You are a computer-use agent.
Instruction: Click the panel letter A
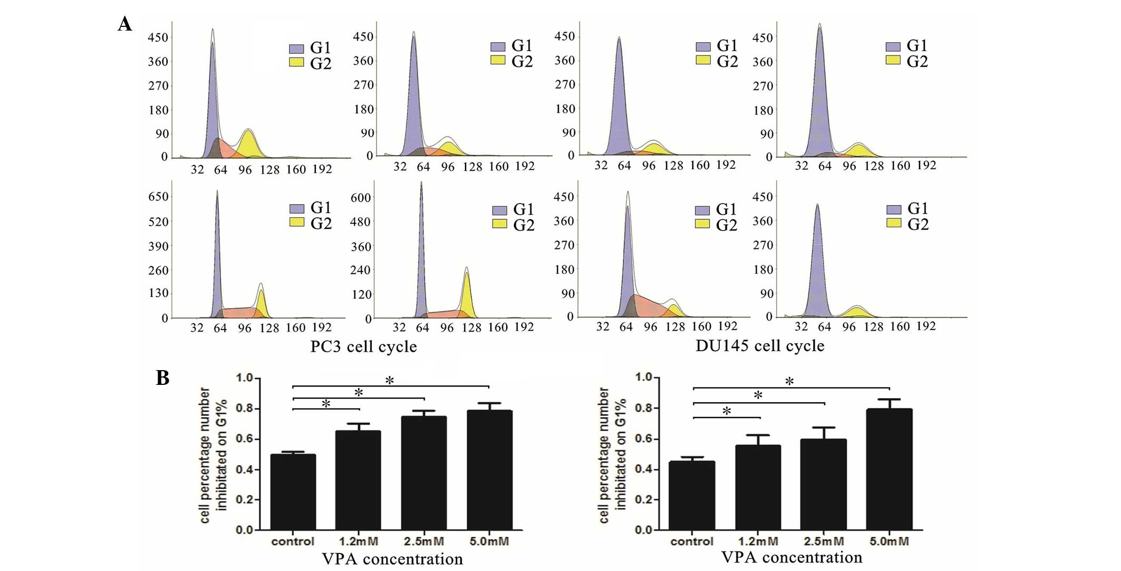125,24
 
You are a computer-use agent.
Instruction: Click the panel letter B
162,378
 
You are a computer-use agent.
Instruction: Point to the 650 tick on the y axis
158,197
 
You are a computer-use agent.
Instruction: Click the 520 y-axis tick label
158,221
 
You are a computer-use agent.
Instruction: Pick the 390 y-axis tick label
158,246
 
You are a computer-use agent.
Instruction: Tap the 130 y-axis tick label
158,293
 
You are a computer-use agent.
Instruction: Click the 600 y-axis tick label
361,198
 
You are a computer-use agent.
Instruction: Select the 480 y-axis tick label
361,222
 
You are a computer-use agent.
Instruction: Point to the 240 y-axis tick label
361,270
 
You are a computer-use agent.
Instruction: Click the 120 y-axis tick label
362,294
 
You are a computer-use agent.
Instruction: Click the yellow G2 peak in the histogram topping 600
466,295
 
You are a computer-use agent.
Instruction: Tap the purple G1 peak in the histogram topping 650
217,253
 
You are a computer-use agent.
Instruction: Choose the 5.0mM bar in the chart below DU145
889,469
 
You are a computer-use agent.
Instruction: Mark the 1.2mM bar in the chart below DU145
758,487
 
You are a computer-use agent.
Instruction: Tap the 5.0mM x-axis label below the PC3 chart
489,541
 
